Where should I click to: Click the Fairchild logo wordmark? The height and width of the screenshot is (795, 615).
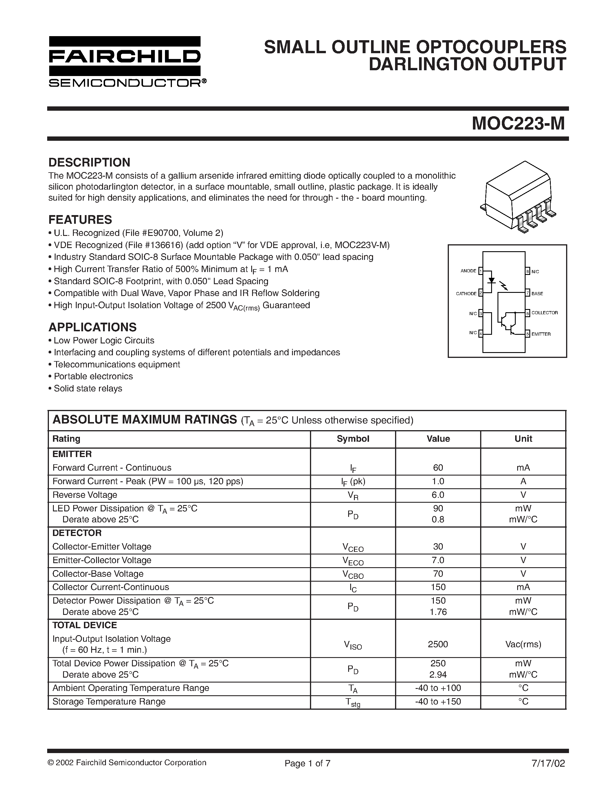tap(125, 56)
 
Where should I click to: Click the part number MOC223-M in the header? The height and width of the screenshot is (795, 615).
tap(518, 124)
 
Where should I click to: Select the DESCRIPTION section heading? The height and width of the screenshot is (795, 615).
tap(89, 162)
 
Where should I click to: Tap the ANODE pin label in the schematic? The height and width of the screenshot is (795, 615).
tap(468, 271)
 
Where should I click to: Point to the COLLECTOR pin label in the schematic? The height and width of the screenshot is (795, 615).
tap(544, 313)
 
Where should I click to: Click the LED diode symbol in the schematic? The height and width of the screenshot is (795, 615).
tap(491, 281)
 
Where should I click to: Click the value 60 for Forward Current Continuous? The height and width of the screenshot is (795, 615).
tap(438, 468)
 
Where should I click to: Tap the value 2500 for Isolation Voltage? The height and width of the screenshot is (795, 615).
tap(438, 644)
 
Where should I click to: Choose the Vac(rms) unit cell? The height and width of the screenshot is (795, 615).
tap(523, 644)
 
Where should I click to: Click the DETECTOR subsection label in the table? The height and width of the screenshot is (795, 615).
tap(77, 533)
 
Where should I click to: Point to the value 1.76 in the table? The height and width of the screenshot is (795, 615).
tap(438, 612)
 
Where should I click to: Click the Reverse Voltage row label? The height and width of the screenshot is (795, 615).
tap(85, 495)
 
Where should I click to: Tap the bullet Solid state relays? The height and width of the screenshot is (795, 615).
tap(88, 389)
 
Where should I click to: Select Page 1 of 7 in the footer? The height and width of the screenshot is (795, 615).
tap(307, 763)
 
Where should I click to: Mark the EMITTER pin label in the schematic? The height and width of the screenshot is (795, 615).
tap(541, 334)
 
